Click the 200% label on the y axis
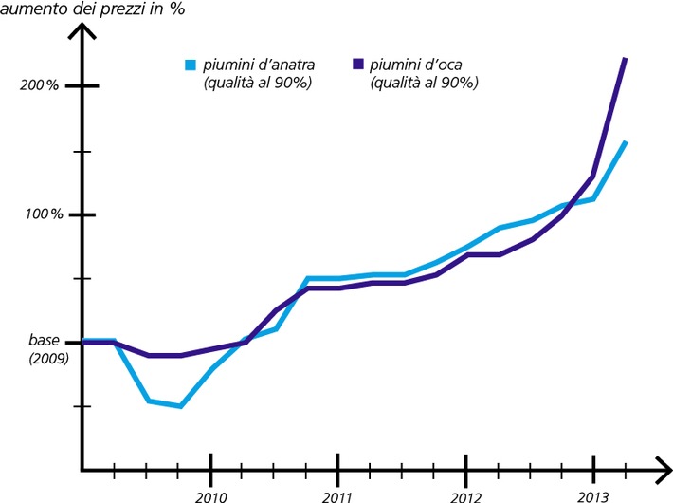pos(39,86)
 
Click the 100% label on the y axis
pos(44,215)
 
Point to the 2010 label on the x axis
pos(210,495)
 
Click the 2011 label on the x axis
pos(337,495)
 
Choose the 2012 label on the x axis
pos(465,495)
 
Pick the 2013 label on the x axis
pos(592,495)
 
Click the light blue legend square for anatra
pos(191,65)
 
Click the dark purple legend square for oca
pos(357,65)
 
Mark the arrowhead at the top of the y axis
pos(82,31)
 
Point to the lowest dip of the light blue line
pos(179,406)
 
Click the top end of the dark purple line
pos(625,59)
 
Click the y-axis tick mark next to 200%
pos(82,87)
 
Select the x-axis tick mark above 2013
pos(592,468)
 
